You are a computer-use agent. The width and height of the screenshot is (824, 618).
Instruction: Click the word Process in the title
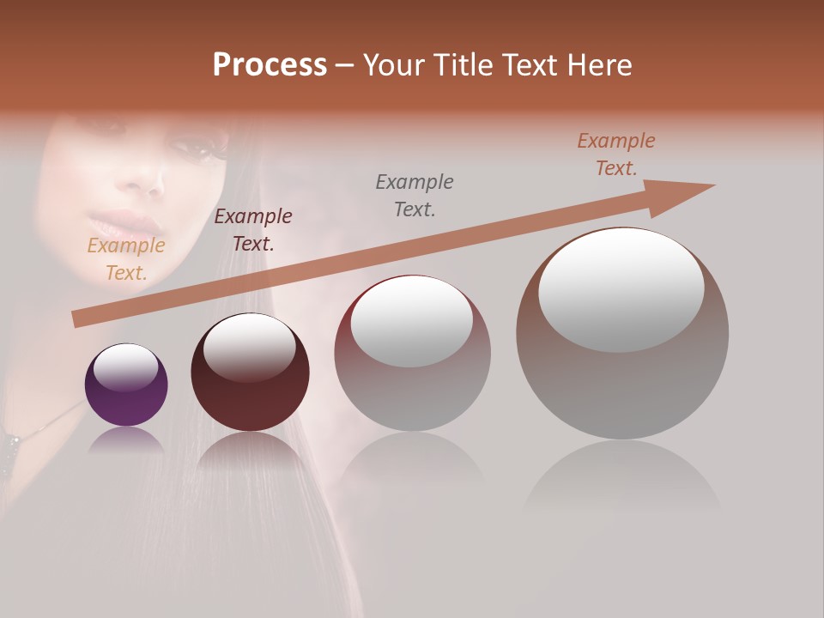point(270,65)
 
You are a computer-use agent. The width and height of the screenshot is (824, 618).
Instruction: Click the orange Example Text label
point(126,259)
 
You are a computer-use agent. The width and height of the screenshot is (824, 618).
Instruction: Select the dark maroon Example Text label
point(253,230)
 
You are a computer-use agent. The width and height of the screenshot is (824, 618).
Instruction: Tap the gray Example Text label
point(415,196)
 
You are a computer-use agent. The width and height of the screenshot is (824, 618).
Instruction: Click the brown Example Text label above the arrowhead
point(616,154)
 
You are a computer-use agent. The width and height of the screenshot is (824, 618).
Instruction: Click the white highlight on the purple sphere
point(125,367)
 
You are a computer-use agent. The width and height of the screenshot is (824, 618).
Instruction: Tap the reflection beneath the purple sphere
point(127,439)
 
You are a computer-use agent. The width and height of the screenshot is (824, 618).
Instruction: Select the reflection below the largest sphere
point(622,476)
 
